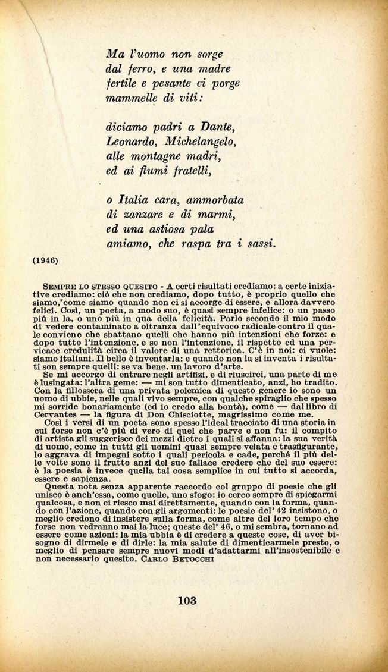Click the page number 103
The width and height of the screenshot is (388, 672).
click(187, 600)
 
